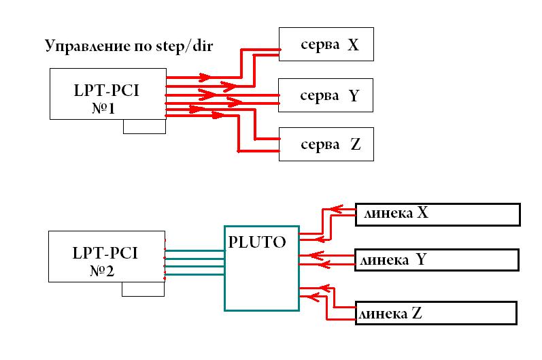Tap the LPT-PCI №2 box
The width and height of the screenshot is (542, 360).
coord(106,257)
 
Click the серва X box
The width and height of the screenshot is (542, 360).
coord(326,46)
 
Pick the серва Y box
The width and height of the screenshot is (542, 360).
coord(326,96)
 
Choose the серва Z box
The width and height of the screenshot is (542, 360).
coord(326,145)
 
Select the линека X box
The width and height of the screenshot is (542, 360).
coord(437,214)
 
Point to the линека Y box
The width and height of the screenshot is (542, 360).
coord(437,260)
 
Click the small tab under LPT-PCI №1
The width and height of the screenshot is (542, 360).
coord(144,127)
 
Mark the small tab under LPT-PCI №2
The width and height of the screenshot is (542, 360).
coord(143,290)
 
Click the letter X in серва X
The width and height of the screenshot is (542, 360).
coord(353,46)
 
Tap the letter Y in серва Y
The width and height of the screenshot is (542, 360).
coord(353,96)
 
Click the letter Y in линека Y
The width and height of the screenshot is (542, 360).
coord(421,260)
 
